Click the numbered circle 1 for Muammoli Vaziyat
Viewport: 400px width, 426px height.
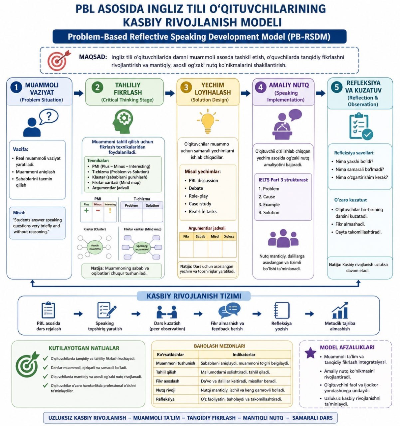click(16, 87)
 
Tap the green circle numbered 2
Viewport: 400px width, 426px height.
click(97, 87)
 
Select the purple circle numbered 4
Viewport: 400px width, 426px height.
click(260, 87)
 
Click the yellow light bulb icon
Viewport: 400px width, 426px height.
click(208, 121)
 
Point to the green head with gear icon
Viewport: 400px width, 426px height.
click(122, 121)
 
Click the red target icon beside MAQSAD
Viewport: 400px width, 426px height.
click(59, 60)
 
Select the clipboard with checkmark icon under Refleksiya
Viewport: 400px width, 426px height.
click(361, 126)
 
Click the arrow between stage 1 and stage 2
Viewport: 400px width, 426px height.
click(79, 93)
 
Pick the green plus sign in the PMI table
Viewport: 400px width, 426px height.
click(86, 210)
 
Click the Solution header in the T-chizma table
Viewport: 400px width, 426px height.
click(152, 205)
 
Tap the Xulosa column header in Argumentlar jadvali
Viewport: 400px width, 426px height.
click(229, 236)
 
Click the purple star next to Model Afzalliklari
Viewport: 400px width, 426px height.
click(310, 353)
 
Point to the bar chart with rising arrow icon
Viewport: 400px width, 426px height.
click(340, 311)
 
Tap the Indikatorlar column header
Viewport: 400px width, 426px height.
click(244, 354)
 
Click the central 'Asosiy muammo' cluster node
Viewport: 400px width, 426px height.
click(95, 247)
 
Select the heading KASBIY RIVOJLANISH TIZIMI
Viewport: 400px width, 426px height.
click(194, 296)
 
